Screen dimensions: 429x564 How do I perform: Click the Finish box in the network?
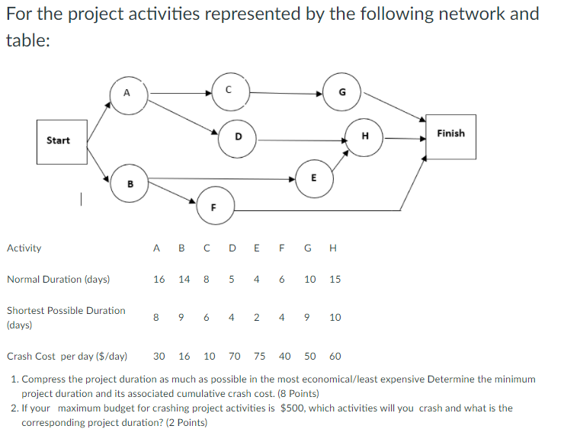pyautogui.click(x=450, y=136)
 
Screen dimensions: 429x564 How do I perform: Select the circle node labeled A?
pyautogui.click(x=128, y=94)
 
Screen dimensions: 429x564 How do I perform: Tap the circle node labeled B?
pyautogui.click(x=130, y=183)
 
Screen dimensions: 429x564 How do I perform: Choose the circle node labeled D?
pyautogui.click(x=238, y=138)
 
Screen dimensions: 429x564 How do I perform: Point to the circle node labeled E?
pyautogui.click(x=313, y=178)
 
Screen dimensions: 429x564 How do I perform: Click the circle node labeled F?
pyautogui.click(x=214, y=206)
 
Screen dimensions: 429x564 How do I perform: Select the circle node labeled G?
pyautogui.click(x=341, y=93)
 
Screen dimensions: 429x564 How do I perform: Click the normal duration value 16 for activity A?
pyautogui.click(x=159, y=280)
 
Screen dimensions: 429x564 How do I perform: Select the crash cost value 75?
pyautogui.click(x=259, y=356)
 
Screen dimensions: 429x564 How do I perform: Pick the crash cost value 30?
pyautogui.click(x=159, y=356)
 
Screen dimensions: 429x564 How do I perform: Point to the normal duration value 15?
pyautogui.click(x=335, y=280)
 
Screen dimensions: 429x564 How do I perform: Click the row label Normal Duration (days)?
pyautogui.click(x=58, y=280)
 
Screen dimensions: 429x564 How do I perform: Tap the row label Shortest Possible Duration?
pyautogui.click(x=66, y=311)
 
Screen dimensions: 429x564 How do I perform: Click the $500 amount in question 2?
pyautogui.click(x=294, y=408)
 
